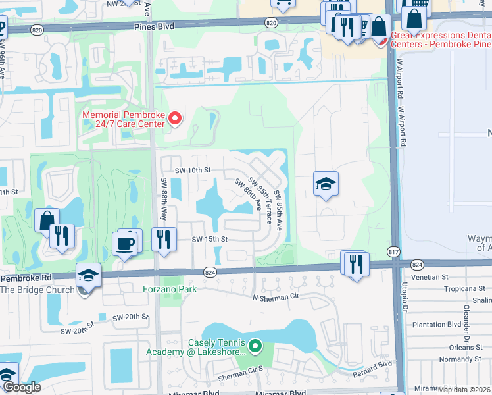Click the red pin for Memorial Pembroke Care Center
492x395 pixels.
(x=175, y=118)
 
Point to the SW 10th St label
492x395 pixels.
(x=192, y=170)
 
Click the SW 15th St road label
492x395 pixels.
(x=209, y=239)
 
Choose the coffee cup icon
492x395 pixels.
(x=125, y=244)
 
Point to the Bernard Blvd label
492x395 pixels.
(x=373, y=364)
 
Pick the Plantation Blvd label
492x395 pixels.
(x=436, y=324)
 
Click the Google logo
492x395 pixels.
(x=21, y=387)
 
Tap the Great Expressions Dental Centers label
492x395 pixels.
(x=441, y=39)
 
